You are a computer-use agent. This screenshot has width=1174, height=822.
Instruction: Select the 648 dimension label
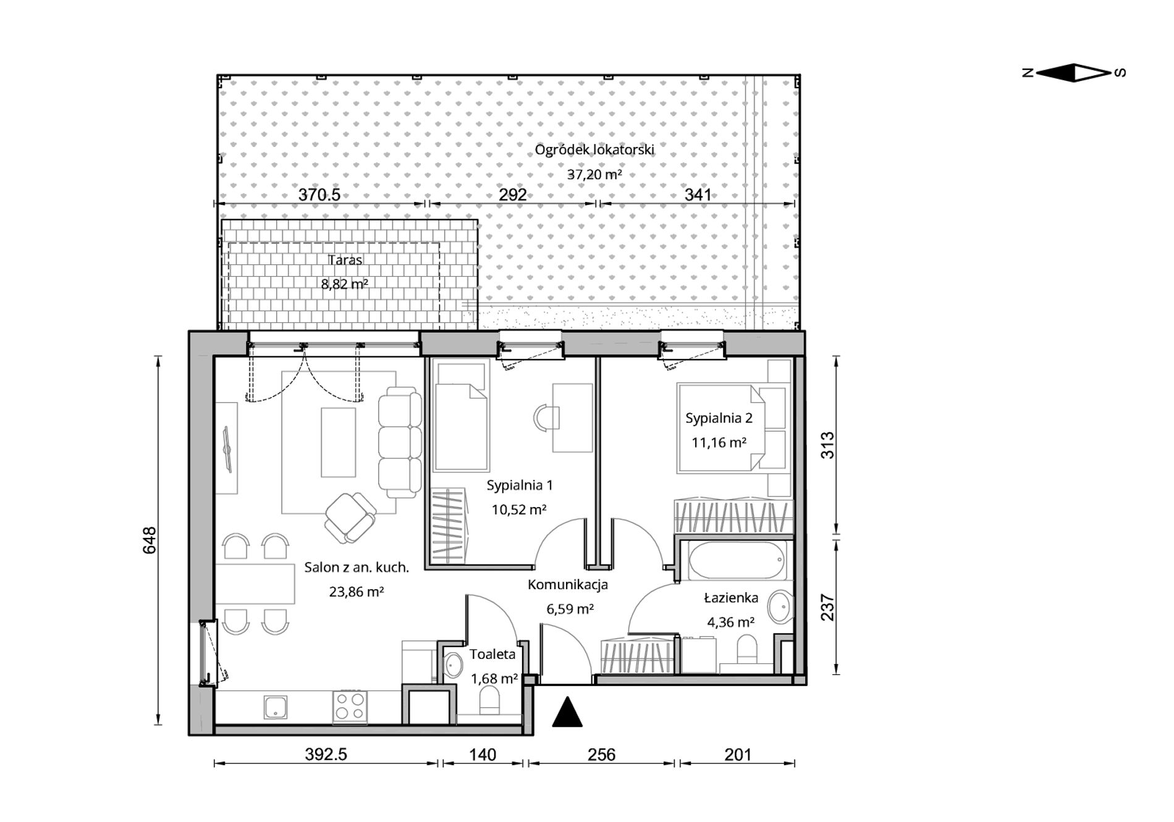click(x=150, y=540)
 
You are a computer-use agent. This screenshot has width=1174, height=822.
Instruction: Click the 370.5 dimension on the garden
click(x=319, y=195)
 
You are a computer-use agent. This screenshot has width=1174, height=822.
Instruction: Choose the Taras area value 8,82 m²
click(x=345, y=284)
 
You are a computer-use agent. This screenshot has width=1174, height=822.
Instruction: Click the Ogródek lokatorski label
click(x=594, y=149)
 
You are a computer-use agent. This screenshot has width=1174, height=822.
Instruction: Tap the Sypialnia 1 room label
click(x=520, y=485)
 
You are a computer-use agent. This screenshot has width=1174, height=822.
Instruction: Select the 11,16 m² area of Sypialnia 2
click(x=719, y=442)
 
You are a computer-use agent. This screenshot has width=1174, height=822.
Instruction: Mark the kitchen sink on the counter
click(x=276, y=707)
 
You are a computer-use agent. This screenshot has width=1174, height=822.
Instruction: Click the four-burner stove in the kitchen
click(x=350, y=707)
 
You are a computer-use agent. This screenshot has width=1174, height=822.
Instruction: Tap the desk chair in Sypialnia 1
click(x=546, y=417)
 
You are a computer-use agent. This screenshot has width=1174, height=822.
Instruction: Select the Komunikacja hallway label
click(x=568, y=584)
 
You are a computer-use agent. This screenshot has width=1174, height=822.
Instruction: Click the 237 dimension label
click(x=827, y=607)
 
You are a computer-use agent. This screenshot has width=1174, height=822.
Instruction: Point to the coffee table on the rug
click(x=339, y=442)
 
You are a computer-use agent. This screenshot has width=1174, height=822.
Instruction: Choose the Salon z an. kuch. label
click(x=357, y=568)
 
